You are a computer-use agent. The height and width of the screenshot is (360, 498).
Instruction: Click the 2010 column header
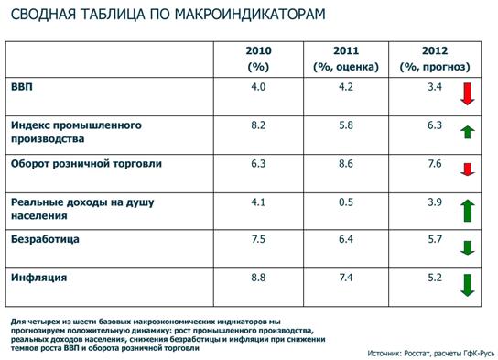[x=259, y=58]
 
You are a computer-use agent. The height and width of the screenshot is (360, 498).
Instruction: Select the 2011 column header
[x=345, y=58]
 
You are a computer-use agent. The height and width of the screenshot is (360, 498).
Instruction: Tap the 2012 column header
[x=434, y=58]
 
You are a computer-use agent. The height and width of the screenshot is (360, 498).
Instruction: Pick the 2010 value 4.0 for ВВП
[x=258, y=87]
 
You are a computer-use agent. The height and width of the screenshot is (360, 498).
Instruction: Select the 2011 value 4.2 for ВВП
[x=345, y=87]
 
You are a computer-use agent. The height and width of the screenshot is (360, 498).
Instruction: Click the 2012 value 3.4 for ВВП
[x=434, y=87]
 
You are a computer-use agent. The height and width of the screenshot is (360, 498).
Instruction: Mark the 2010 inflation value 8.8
[x=258, y=276]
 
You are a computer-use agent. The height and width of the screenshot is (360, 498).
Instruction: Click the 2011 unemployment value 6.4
[x=345, y=239]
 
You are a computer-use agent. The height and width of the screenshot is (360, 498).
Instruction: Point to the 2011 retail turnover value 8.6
[x=345, y=164]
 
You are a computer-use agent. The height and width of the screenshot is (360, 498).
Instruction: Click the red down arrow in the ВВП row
[x=467, y=93]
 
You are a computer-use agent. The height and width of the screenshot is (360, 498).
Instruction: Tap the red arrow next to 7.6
[x=467, y=169]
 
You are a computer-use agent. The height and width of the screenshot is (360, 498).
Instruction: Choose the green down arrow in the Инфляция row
[x=467, y=284]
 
